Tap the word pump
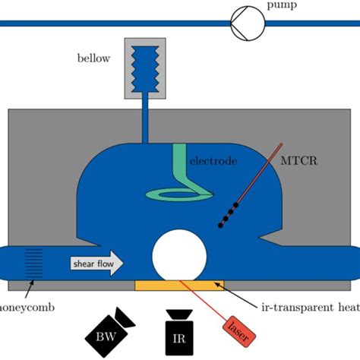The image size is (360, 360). (281, 6)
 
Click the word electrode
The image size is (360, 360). (213, 161)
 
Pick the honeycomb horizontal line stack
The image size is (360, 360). (34, 263)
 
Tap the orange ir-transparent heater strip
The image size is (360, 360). (179, 286)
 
